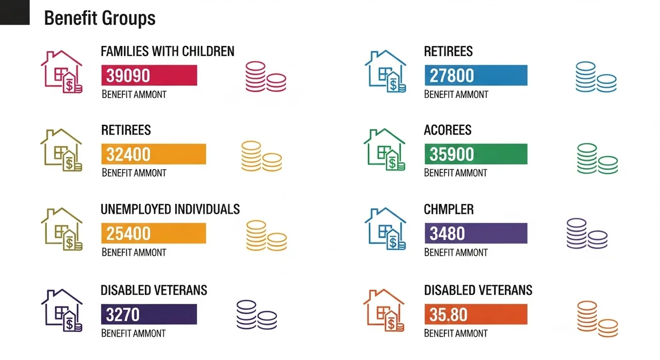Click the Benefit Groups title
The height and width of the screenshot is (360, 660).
[x=100, y=19]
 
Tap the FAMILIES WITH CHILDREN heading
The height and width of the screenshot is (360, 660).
[x=168, y=51]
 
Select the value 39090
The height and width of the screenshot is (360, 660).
[x=128, y=75]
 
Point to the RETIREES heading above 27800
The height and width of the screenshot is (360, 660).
[x=448, y=51]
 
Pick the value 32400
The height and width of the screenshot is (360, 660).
[x=128, y=154]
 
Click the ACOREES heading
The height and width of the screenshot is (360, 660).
[x=448, y=130]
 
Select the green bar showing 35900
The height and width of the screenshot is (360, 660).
[x=475, y=154]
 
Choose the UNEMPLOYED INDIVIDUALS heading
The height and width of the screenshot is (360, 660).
[x=170, y=209]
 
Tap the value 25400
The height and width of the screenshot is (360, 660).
[x=128, y=233]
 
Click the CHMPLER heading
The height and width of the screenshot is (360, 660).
[x=449, y=209]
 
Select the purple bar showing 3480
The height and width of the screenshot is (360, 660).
[x=475, y=233]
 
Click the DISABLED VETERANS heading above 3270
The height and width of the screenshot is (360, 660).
[x=154, y=290]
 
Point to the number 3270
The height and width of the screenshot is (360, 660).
[x=123, y=314]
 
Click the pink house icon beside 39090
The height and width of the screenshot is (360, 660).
[x=61, y=71]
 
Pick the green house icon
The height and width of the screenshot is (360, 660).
[x=385, y=150]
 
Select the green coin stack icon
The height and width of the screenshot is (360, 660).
[x=597, y=159]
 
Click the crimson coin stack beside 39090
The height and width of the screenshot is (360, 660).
[x=265, y=77]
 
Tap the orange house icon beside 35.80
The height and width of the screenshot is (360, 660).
[x=384, y=310]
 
